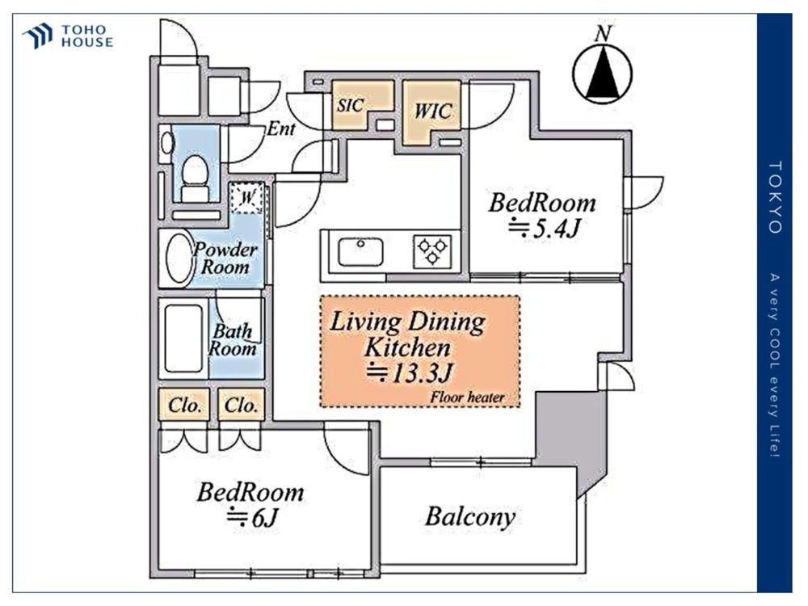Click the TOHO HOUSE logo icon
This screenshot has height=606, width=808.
(x=38, y=36)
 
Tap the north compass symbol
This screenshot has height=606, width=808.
(x=603, y=74)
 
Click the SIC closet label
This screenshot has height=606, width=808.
(x=351, y=105)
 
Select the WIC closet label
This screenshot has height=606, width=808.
(x=433, y=110)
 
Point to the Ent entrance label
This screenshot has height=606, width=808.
(x=281, y=128)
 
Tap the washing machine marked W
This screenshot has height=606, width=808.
(x=247, y=197)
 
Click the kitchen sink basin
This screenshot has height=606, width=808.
(x=360, y=252)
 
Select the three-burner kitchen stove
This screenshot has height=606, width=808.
(x=432, y=252)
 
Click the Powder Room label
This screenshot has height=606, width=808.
(x=225, y=259)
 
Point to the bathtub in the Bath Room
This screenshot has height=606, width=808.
(x=183, y=338)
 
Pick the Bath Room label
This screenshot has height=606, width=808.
(x=233, y=339)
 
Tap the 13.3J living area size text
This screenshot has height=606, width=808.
(x=410, y=372)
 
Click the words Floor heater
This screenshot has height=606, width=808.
(x=467, y=398)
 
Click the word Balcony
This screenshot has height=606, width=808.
(x=470, y=516)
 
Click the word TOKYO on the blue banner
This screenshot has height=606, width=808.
(x=776, y=197)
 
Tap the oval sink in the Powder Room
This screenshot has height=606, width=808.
(x=179, y=259)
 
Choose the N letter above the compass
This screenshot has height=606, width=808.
(x=603, y=34)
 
